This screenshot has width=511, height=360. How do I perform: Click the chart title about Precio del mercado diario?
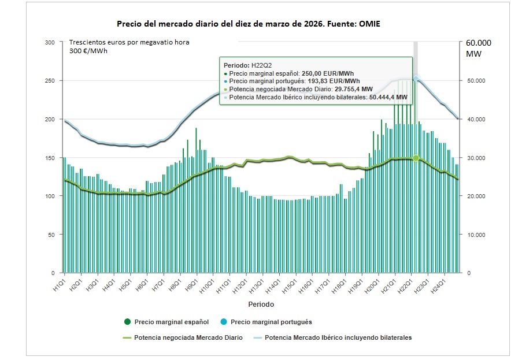[249, 24]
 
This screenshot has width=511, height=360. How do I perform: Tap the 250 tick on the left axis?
[50, 81]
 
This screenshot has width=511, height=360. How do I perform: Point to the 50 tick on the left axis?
[52, 235]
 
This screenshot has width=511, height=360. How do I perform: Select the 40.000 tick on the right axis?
[472, 119]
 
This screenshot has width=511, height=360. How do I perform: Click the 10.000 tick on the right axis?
[472, 235]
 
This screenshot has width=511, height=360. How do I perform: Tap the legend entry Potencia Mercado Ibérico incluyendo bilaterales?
[338, 337]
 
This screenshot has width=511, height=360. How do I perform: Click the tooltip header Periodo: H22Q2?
[247, 65]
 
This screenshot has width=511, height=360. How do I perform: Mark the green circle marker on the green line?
[416, 158]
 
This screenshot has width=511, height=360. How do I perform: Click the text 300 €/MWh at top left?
[88, 51]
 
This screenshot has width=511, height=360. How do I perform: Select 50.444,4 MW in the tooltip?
[388, 98]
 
